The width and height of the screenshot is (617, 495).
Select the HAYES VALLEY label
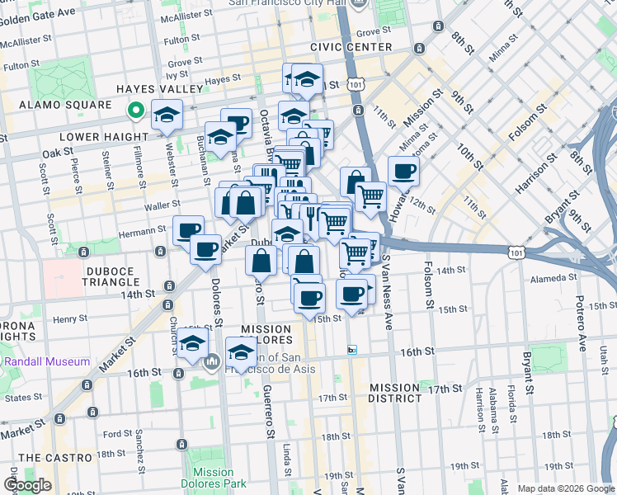pos(159,89)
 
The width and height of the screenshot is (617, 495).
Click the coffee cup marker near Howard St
pos(403,172)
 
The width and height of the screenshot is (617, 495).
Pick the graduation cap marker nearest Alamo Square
pos(167,115)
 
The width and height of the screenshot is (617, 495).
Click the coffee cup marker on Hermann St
pos(188,230)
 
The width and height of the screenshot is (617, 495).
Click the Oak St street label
pos(58,153)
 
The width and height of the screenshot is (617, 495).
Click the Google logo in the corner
pos(28,485)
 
